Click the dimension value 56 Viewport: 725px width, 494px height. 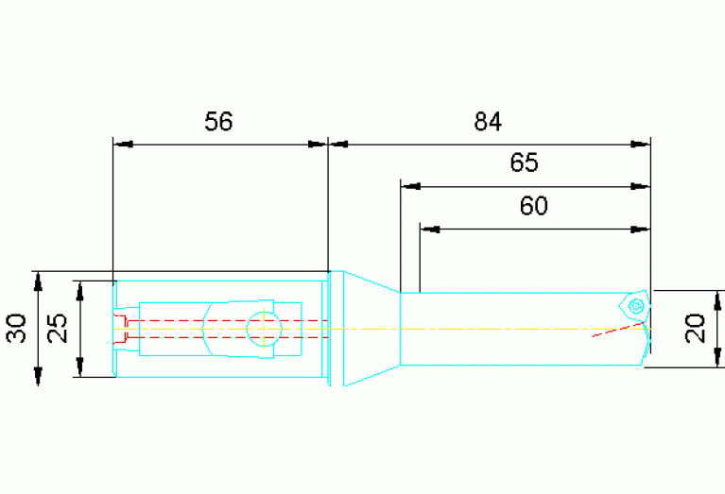click(218, 122)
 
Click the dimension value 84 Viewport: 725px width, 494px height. click(488, 122)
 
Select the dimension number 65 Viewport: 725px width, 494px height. click(525, 162)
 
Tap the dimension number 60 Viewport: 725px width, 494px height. click(533, 206)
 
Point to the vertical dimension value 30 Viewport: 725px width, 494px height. click(17, 329)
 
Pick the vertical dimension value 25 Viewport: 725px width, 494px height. click(58, 329)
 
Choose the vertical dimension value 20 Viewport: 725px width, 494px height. click(695, 329)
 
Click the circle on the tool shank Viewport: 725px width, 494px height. click(264, 329)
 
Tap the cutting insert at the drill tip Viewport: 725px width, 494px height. click(635, 305)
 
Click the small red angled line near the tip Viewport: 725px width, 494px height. click(618, 330)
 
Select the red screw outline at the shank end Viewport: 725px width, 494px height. click(120, 329)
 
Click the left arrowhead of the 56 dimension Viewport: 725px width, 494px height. click(123, 145)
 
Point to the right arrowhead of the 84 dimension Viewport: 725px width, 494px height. click(640, 145)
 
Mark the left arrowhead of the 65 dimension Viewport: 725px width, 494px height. click(410, 187)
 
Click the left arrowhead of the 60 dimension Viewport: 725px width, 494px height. click(430, 230)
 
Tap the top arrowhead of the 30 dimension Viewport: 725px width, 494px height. click(39, 281)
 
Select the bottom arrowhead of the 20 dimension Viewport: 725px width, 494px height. click(717, 358)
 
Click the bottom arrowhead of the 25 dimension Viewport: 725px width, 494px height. click(80, 367)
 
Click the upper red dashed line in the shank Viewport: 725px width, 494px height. click(228, 320)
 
